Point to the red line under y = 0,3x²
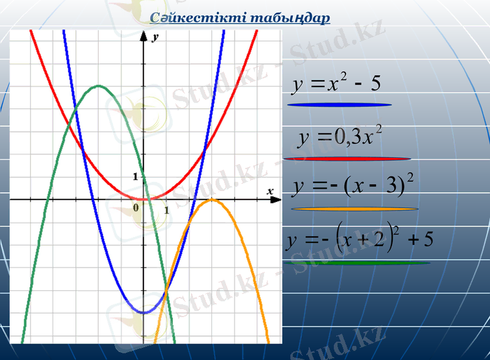point(346,159)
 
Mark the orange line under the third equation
point(355,209)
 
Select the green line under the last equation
point(356,263)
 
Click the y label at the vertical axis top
point(156,37)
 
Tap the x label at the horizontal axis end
point(269,191)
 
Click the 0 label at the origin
point(136,208)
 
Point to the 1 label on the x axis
point(166,211)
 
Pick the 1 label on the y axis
point(136,177)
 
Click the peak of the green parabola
point(97,86)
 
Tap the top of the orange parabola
point(211,200)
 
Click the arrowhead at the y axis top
point(143,36)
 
